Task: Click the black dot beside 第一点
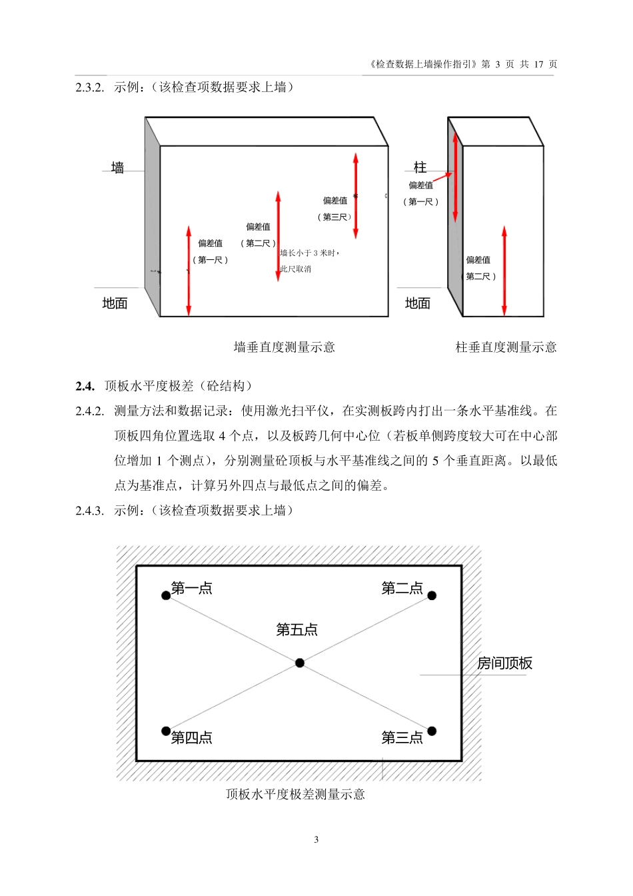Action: click(x=166, y=595)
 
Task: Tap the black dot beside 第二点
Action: click(x=432, y=595)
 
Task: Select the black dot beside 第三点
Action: click(x=432, y=731)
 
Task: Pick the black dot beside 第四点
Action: click(x=166, y=731)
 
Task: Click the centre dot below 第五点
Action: click(x=300, y=663)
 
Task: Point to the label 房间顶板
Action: click(x=504, y=663)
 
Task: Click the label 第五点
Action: click(x=297, y=629)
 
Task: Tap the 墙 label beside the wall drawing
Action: click(x=118, y=168)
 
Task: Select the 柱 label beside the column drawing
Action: click(x=420, y=167)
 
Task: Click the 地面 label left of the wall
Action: click(x=115, y=303)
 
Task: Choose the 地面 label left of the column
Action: click(x=418, y=303)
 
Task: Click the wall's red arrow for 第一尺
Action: click(x=189, y=270)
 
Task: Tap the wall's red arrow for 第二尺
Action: click(x=278, y=236)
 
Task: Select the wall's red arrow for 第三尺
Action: click(x=356, y=195)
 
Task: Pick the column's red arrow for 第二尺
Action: click(x=504, y=270)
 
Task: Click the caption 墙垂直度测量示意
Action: click(x=285, y=347)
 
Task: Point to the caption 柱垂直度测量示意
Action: click(x=506, y=347)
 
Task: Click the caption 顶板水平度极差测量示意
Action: click(x=295, y=794)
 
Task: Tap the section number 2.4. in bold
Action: click(x=85, y=386)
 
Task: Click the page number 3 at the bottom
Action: click(x=316, y=839)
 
